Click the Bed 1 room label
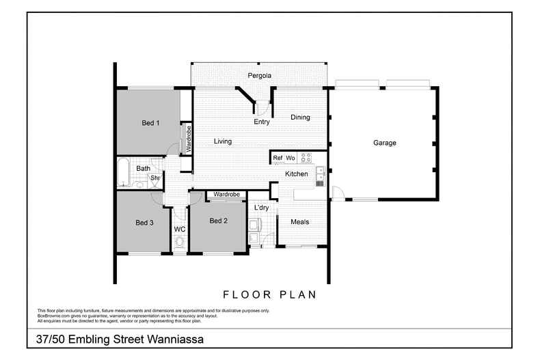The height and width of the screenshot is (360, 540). tap(150, 123)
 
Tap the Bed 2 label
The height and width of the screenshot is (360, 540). tap(217, 221)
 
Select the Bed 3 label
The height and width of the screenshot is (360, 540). tap(144, 223)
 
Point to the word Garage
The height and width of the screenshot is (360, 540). tap(384, 143)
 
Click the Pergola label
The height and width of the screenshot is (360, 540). tap(259, 74)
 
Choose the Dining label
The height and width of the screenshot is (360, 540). tap(300, 117)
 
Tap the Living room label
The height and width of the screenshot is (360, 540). tap(222, 141)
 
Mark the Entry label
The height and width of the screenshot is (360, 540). tap(261, 122)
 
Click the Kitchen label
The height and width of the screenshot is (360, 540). tap(296, 174)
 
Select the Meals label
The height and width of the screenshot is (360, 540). tap(299, 222)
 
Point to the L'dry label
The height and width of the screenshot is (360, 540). tap(260, 208)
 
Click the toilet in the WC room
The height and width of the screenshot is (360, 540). tap(180, 242)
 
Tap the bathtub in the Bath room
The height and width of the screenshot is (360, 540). tap(124, 174)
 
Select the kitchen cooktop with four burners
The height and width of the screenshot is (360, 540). tap(306, 157)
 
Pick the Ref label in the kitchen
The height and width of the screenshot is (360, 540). tap(278, 158)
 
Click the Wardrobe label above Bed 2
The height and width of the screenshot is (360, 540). tap(226, 195)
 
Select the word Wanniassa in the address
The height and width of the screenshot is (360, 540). tap(172, 339)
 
